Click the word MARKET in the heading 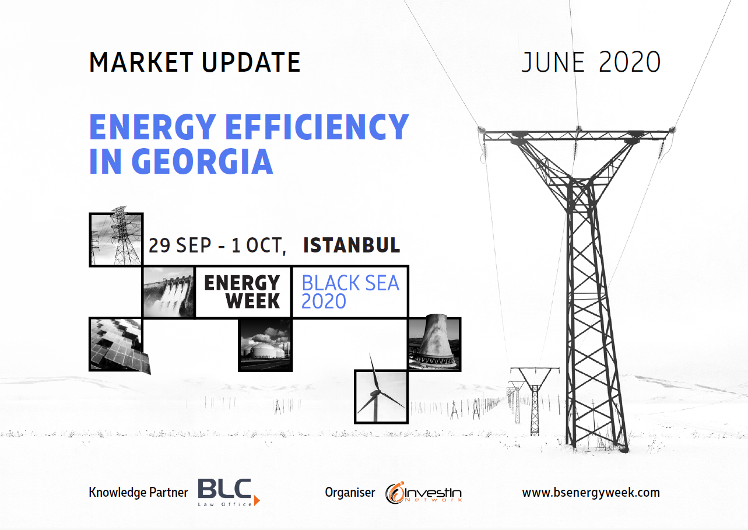(x=141, y=62)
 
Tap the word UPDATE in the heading (x=251, y=62)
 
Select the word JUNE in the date (x=553, y=62)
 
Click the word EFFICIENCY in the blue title (x=317, y=127)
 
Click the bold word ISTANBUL (x=352, y=245)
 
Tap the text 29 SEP (x=180, y=245)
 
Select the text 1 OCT (x=259, y=246)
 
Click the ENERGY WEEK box (x=243, y=292)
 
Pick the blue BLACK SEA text (x=350, y=283)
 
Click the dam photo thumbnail (x=168, y=292)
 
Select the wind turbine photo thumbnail (x=381, y=396)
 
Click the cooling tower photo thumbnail (x=434, y=343)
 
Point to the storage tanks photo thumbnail (x=265, y=345)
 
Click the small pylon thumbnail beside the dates (x=116, y=238)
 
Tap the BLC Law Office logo (x=229, y=493)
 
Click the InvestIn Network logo (x=424, y=493)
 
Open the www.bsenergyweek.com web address (x=591, y=493)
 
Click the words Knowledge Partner (x=138, y=493)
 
